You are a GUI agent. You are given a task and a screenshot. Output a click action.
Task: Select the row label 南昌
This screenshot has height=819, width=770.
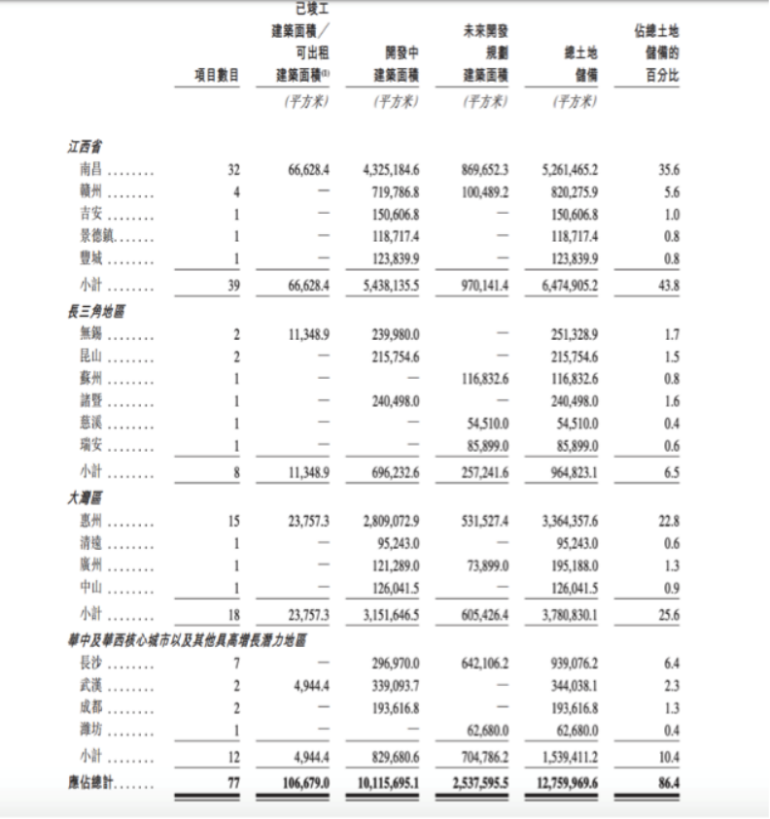click(92, 169)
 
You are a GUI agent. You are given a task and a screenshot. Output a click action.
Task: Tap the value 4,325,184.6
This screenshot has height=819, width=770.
click(389, 169)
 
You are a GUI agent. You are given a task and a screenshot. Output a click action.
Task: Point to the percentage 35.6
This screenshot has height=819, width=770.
click(668, 169)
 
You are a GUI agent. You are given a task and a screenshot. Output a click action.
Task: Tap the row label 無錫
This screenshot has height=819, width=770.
click(92, 334)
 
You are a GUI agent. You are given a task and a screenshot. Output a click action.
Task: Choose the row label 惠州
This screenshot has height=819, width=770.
click(92, 522)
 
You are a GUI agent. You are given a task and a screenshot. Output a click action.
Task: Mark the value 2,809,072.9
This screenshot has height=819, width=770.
click(389, 522)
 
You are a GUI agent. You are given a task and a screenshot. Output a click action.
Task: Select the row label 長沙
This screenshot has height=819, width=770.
click(92, 664)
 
